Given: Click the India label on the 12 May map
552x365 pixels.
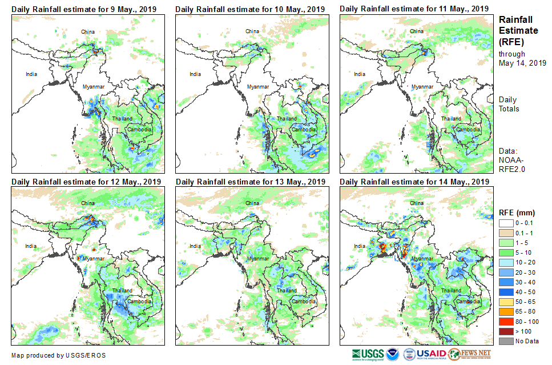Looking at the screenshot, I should coord(31,246).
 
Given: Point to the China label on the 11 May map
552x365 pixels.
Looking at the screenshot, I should coord(417,31).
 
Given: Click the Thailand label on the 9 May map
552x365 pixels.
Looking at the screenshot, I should coord(122,119).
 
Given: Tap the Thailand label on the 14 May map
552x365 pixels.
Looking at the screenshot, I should coord(450,291).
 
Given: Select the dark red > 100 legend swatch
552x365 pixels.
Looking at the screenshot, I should coord(506,331).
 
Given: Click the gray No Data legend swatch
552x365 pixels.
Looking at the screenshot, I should coord(506,341).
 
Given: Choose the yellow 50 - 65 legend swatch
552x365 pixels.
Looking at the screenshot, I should coord(506,302).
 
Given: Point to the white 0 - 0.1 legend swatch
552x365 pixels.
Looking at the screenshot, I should coord(506,223).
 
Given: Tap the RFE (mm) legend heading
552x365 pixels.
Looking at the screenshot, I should coord(517,212).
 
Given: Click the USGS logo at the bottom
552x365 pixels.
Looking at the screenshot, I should coord(368,354).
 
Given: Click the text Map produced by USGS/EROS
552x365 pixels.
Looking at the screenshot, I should coord(58,355).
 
